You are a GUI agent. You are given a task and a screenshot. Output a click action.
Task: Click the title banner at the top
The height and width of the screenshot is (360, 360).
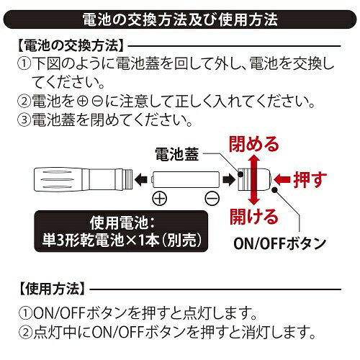180,15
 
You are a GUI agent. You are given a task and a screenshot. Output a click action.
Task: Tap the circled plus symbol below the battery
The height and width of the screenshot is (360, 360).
159,197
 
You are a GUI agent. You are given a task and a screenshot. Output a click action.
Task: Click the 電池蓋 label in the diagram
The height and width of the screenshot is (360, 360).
178,153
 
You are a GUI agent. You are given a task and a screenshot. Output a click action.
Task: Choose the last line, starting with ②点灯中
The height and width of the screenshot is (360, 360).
166,333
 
